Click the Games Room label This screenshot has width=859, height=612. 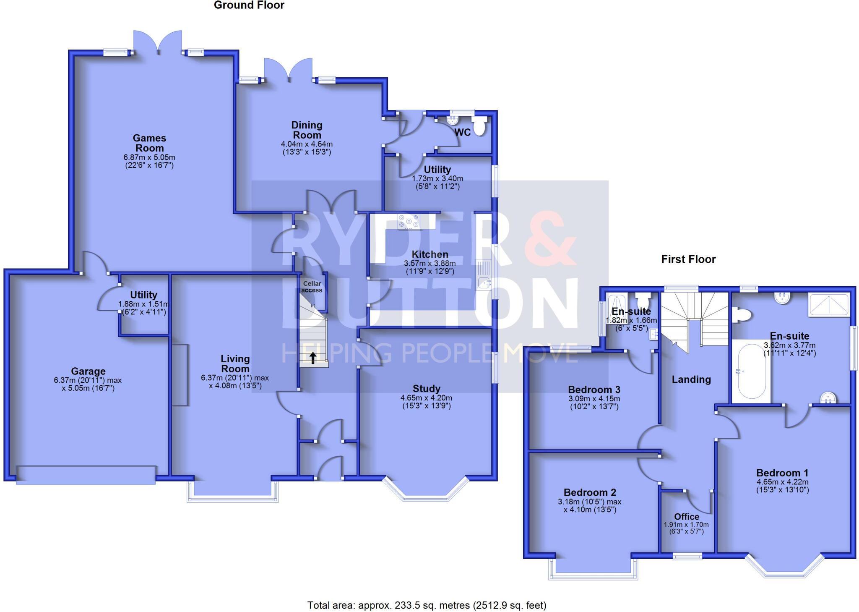[149, 143]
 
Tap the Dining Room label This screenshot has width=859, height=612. [307, 130]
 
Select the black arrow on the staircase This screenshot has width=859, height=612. [313, 358]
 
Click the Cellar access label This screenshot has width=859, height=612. [312, 287]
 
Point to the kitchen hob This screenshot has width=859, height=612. [409, 222]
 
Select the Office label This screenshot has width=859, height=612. [687, 517]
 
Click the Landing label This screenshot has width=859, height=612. [691, 379]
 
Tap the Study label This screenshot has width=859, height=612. [426, 389]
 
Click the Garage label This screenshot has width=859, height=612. [88, 371]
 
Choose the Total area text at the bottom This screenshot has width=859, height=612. [427, 605]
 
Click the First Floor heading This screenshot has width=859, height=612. [688, 259]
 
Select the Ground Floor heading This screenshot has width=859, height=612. [249, 5]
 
